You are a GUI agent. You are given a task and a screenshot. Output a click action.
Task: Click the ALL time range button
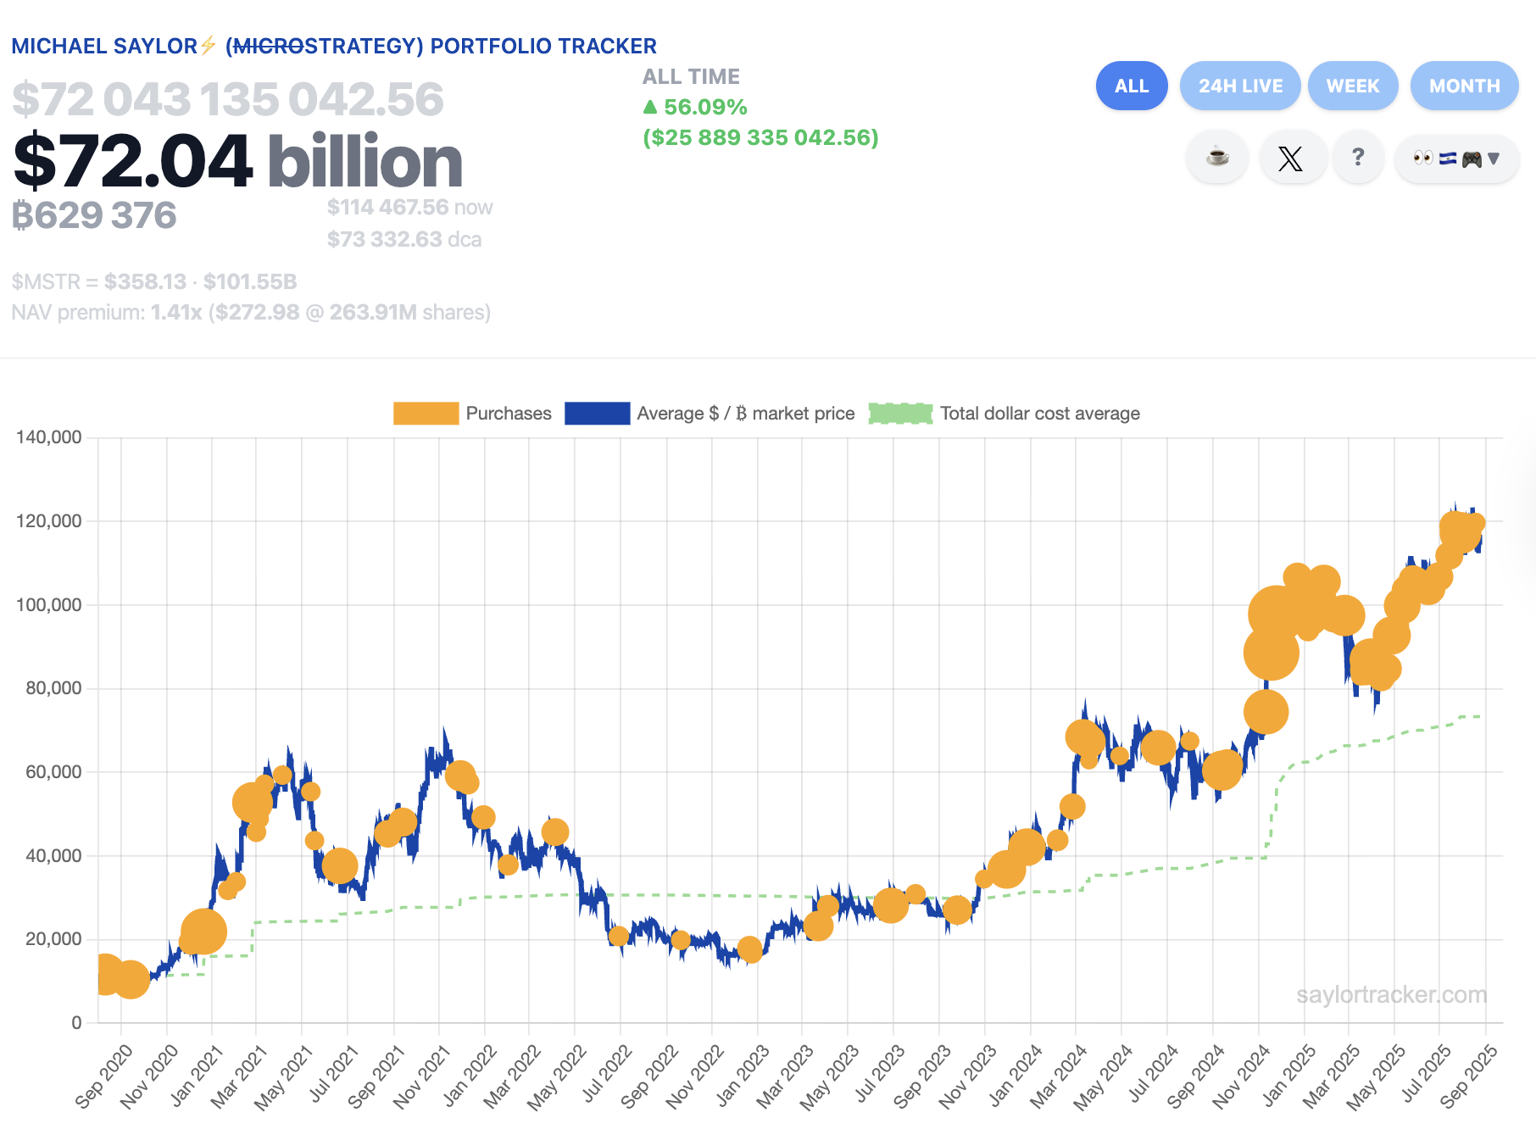click(x=1131, y=86)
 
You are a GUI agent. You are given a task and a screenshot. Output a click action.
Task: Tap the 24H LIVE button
click(x=1239, y=86)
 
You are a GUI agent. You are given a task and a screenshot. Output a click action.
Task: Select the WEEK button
click(x=1352, y=86)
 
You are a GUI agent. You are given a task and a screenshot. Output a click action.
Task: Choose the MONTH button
click(x=1464, y=86)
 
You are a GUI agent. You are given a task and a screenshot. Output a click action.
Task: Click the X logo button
click(x=1290, y=158)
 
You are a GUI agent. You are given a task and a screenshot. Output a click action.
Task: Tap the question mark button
click(x=1358, y=158)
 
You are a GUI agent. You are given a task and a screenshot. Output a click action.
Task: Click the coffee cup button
click(x=1217, y=158)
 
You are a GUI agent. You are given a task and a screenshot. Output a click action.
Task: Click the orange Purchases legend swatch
click(x=426, y=414)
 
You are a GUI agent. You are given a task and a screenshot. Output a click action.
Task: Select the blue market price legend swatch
click(x=597, y=414)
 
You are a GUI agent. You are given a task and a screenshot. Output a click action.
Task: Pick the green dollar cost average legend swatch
click(x=900, y=414)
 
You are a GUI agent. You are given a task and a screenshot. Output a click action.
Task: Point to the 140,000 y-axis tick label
click(x=49, y=437)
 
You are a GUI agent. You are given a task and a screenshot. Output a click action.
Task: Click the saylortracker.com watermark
click(x=1391, y=994)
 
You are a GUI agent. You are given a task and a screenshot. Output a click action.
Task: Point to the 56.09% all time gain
click(x=704, y=108)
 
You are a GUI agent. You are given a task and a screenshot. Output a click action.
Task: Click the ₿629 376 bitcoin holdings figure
click(x=94, y=215)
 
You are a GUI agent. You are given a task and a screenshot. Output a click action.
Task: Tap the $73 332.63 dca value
click(x=403, y=240)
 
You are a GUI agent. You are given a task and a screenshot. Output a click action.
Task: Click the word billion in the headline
click(x=365, y=162)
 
